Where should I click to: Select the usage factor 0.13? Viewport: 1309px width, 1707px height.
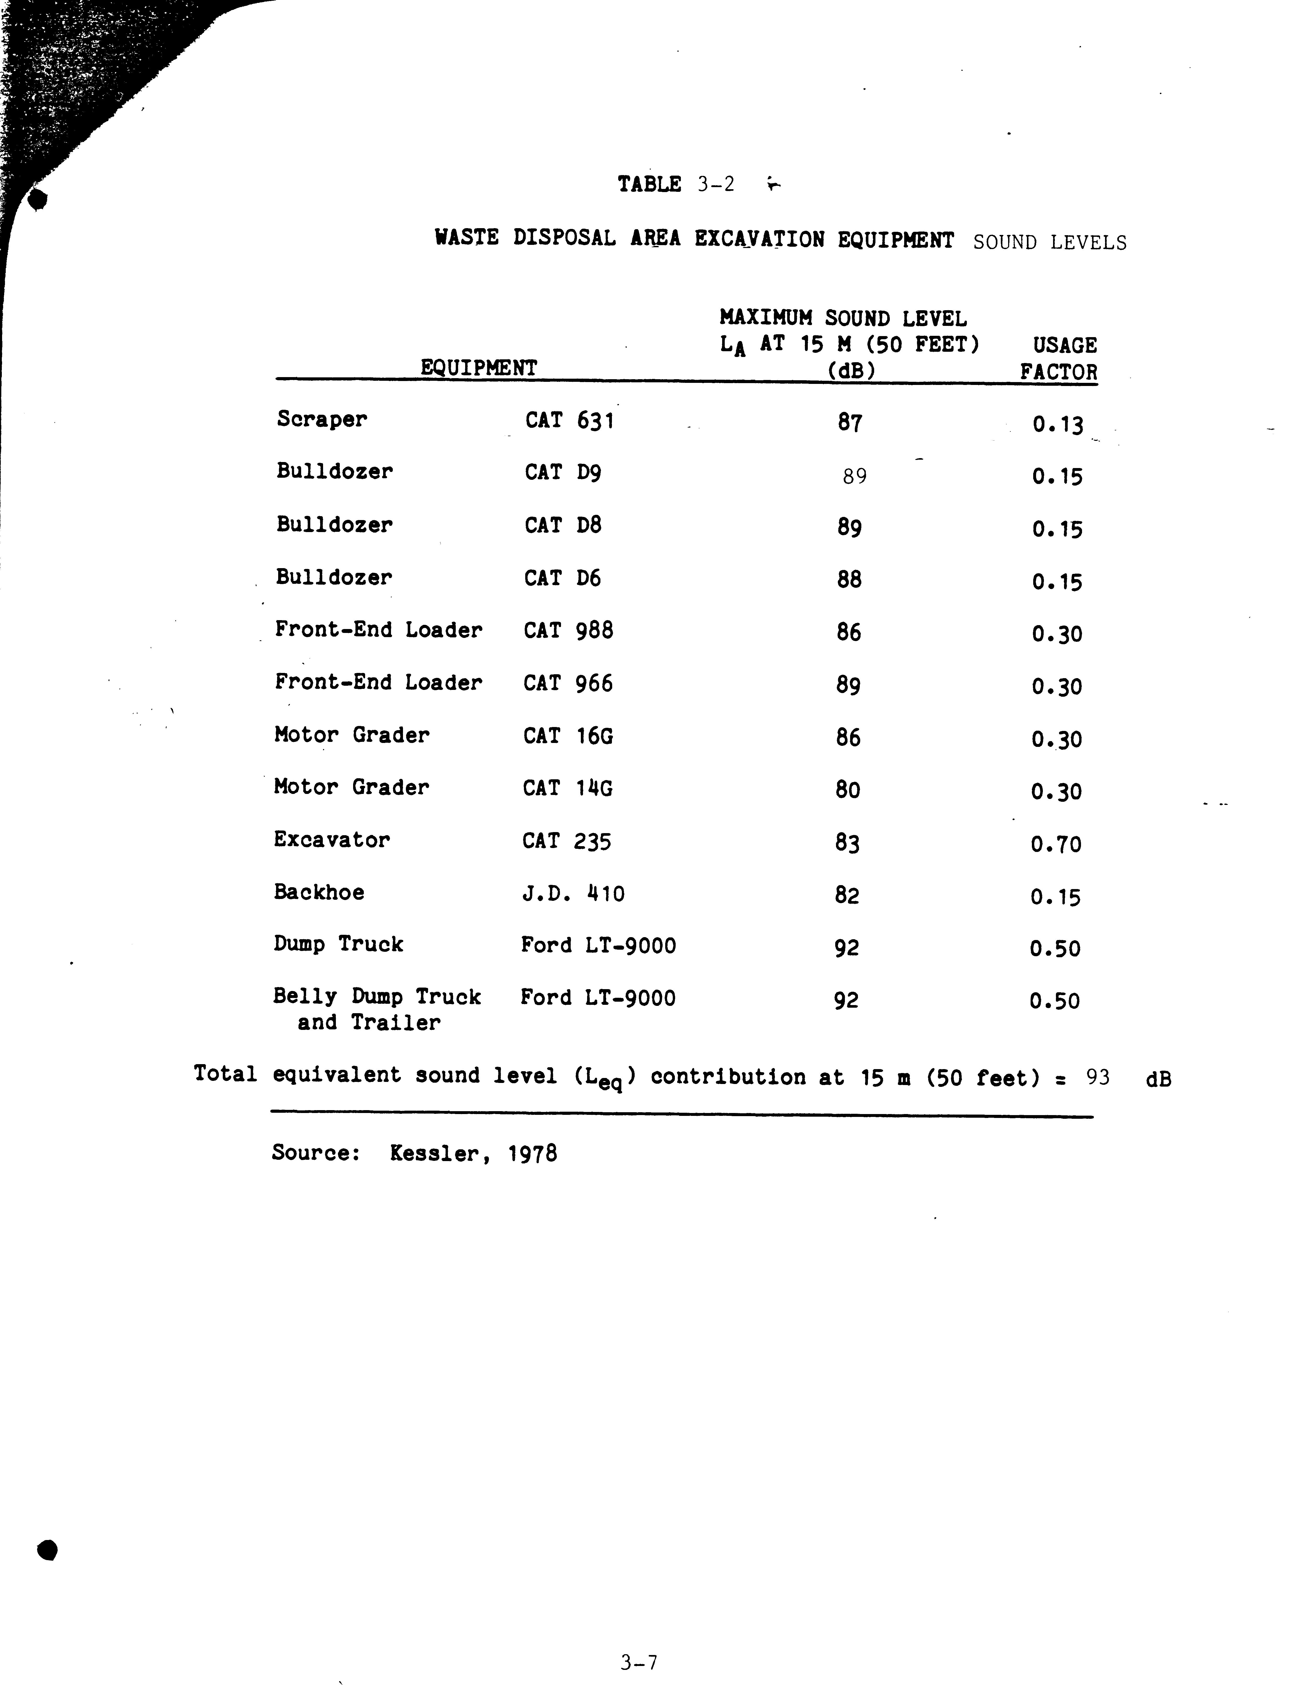point(1057,425)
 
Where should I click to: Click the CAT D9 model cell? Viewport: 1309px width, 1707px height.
point(563,472)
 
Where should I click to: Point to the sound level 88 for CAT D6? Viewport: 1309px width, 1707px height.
point(849,579)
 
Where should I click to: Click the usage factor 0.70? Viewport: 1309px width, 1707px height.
point(1056,844)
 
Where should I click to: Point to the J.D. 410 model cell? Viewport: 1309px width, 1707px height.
point(573,893)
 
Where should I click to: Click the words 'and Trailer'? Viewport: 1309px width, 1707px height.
point(369,1023)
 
